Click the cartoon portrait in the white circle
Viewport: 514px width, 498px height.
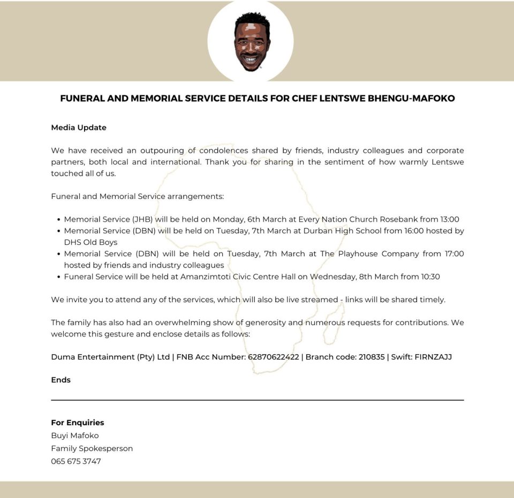251,42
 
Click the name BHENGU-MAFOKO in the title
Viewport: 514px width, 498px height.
411,98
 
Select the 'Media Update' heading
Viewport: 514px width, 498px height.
79,127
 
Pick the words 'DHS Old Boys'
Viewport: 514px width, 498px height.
90,242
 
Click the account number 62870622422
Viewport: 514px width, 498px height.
273,357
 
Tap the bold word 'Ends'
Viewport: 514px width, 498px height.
61,380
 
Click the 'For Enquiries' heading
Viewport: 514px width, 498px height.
78,423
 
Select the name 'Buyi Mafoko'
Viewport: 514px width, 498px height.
75,435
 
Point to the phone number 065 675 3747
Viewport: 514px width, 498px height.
76,461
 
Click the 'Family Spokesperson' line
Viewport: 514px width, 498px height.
92,448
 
